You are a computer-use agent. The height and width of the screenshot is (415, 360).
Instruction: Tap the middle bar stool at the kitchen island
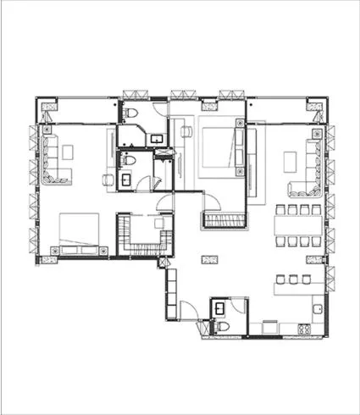pyautogui.click(x=293, y=279)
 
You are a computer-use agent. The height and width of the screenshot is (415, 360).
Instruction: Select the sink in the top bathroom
pyautogui.click(x=157, y=137)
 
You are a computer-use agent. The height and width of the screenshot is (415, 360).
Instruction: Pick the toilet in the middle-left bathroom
pyautogui.click(x=125, y=160)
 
